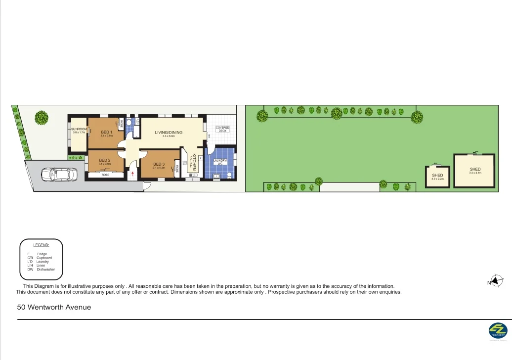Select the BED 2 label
104,160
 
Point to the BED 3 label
159,164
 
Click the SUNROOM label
79,130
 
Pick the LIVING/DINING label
169,132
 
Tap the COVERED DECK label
222,129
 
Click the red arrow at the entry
132,174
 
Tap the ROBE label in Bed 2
105,175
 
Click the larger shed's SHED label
475,169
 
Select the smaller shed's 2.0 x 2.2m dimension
438,179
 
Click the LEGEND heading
41,245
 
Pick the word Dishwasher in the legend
46,270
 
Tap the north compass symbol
497,281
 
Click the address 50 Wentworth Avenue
54,307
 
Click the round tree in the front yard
42,118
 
